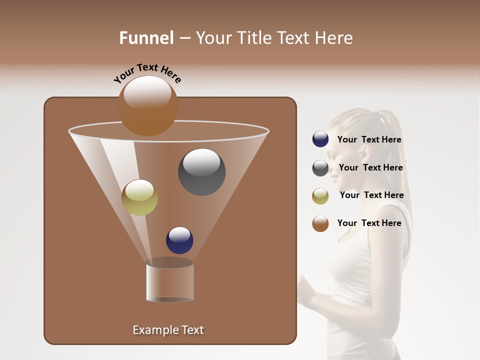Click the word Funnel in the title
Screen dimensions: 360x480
146,38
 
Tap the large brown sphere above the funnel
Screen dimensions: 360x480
148,105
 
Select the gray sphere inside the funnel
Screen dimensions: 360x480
202,172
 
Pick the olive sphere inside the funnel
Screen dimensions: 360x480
139,197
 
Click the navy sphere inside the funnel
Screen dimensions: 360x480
179,240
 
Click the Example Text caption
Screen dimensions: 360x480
168,330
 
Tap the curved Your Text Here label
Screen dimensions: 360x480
147,73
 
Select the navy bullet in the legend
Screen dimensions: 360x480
320,139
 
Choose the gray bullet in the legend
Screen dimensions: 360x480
320,168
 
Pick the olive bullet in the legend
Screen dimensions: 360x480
320,196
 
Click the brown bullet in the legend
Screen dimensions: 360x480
320,223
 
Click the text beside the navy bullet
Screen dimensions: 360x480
369,140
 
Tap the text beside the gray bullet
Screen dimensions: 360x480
370,168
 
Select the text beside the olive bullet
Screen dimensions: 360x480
371,195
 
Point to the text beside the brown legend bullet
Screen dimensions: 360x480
369,223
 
